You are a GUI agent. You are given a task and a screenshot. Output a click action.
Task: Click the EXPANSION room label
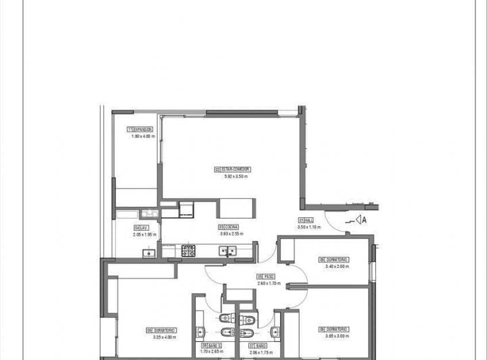[142, 129]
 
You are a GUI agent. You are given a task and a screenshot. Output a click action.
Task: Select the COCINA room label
[231, 227]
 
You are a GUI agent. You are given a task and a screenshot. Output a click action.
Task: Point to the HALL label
[306, 221]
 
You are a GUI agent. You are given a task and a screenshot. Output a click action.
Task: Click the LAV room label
[141, 227]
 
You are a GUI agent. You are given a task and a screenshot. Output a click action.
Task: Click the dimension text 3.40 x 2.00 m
[337, 266]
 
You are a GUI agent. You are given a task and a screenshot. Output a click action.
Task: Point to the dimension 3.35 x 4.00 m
[164, 336]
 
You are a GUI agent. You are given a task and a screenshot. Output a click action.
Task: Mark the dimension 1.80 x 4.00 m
[143, 136]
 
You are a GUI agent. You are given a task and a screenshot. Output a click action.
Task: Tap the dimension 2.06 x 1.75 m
[260, 352]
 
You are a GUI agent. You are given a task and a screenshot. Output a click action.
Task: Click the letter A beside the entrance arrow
[363, 219]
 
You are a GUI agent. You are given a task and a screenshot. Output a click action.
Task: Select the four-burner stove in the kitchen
[189, 250]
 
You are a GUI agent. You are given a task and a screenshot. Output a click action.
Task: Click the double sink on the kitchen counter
[227, 250]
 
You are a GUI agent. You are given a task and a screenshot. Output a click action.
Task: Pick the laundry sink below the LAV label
[147, 253]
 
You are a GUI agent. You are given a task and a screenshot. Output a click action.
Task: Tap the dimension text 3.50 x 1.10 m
[309, 227]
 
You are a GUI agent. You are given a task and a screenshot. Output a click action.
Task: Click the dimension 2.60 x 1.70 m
[269, 284]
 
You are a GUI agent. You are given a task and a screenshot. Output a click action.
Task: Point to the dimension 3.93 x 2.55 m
[231, 234]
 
